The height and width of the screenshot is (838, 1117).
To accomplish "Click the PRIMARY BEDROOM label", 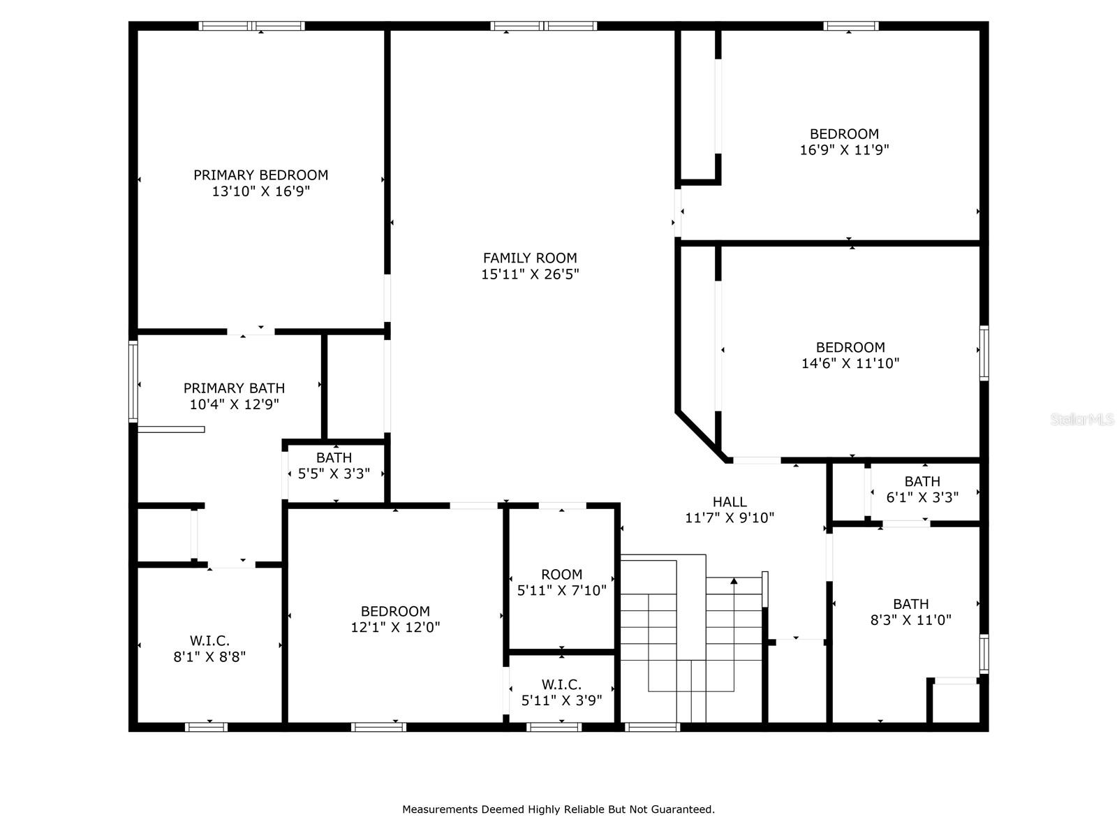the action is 260,175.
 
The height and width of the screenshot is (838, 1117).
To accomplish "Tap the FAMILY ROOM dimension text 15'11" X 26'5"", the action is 530,274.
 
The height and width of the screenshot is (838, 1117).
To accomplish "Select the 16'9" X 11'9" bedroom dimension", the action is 844,150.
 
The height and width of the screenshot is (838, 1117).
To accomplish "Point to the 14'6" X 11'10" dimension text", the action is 850,363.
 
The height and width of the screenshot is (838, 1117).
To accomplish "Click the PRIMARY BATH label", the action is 234,388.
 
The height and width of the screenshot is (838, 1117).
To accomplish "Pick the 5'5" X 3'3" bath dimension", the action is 334,473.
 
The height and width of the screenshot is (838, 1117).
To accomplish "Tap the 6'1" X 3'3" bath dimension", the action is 922,497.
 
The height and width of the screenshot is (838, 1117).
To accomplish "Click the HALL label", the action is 730,501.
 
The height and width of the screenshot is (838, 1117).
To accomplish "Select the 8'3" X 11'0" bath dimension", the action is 910,619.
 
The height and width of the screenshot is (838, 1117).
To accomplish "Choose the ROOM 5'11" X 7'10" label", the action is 562,582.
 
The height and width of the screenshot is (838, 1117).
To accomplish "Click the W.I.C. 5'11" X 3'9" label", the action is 561,692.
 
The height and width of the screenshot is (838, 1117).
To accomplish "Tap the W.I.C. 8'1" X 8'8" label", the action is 209,648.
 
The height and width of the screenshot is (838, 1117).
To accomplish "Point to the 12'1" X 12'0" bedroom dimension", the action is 395,627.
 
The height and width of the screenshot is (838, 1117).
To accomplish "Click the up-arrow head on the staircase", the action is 733,580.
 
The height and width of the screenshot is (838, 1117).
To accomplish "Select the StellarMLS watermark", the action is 1081,419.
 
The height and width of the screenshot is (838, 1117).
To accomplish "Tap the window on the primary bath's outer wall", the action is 133,381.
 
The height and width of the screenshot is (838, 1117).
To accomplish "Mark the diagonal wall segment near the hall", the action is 701,436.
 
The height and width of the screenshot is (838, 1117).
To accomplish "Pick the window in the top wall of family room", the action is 543,26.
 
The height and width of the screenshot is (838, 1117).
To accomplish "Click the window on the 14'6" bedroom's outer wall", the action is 984,353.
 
